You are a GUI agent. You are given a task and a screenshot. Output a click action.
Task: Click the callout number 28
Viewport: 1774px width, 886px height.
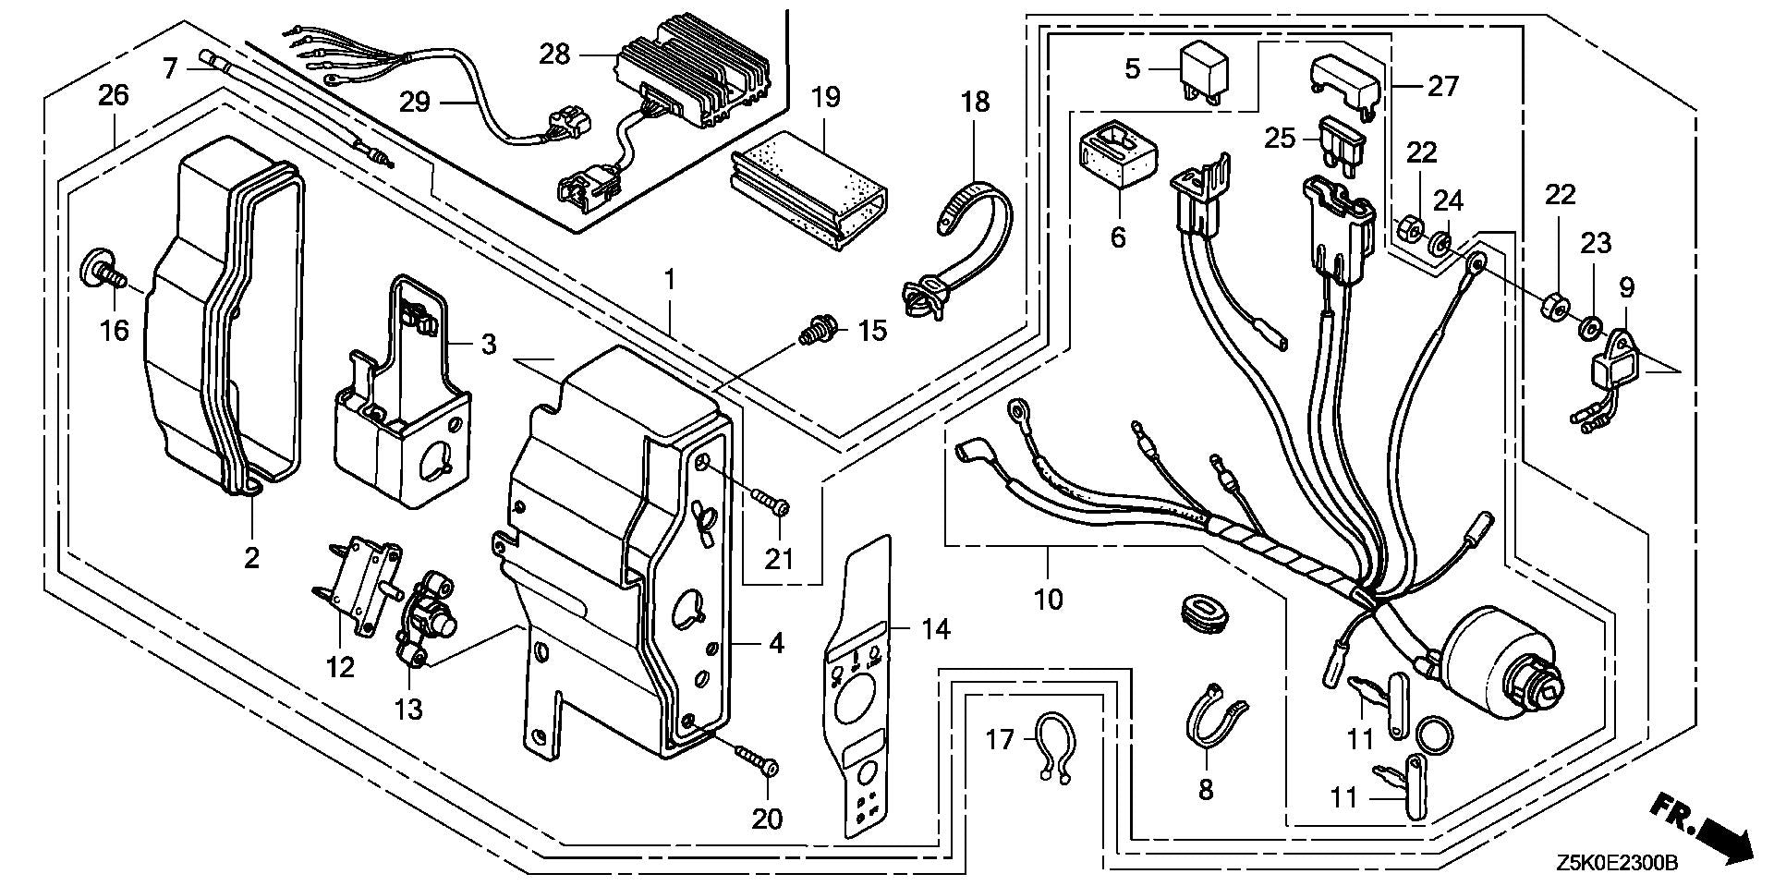coord(555,55)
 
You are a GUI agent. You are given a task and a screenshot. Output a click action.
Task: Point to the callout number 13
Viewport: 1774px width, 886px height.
coord(408,710)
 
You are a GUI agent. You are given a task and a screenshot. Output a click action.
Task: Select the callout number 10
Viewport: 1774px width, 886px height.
coord(1050,599)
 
